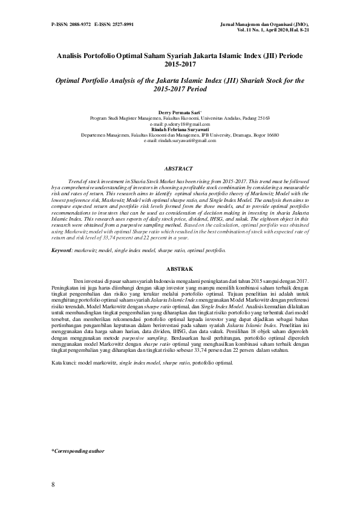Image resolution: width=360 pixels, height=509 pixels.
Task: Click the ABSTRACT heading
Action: (x=180, y=169)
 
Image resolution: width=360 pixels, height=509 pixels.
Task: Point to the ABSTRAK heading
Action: (x=180, y=268)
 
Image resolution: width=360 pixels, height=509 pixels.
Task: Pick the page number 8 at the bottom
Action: (x=53, y=485)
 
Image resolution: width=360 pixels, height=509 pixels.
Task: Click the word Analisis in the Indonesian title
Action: (x=71, y=54)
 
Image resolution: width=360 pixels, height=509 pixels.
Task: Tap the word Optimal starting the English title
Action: (x=68, y=80)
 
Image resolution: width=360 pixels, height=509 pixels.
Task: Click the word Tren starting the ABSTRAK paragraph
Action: (x=79, y=281)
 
